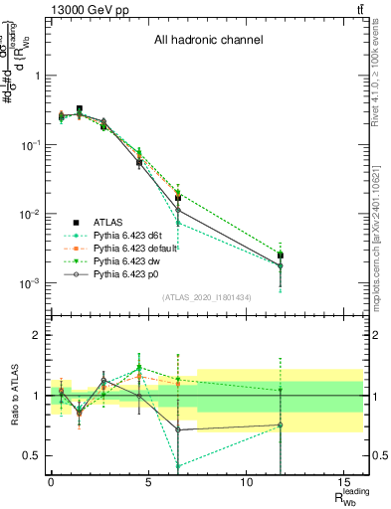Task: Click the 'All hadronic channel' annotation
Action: pyautogui.click(x=208, y=41)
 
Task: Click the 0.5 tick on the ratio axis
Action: pyautogui.click(x=35, y=455)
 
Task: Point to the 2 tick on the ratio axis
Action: pyautogui.click(x=39, y=336)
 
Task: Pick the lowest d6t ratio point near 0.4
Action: pyautogui.click(x=178, y=465)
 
